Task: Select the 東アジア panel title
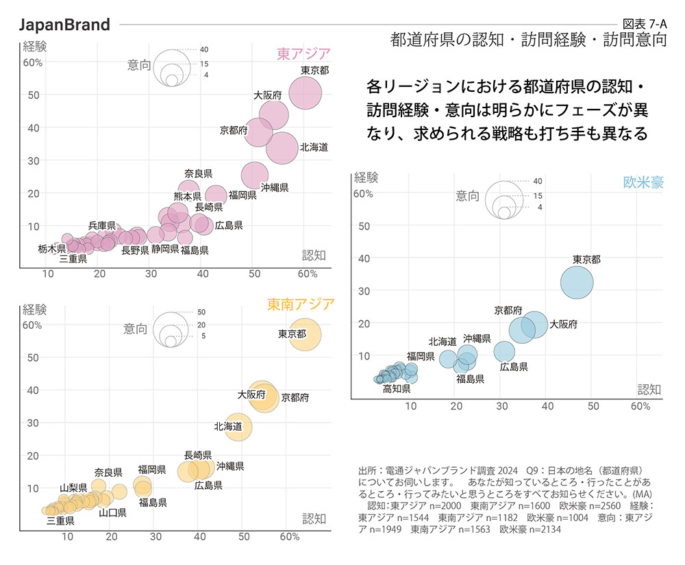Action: coord(303,53)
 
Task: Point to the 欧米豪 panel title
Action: coord(643,182)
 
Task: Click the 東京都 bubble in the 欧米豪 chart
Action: coord(577,282)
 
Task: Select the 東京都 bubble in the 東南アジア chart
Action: coord(306,335)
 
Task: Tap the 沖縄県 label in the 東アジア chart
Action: coord(274,187)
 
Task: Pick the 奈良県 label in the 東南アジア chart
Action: coord(108,472)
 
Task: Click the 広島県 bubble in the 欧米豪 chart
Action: coord(505,351)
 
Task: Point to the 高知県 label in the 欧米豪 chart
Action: coord(397,388)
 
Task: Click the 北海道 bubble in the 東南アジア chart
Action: coord(238,425)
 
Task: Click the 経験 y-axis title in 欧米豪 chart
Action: coord(366,178)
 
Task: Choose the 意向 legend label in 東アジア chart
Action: coord(139,65)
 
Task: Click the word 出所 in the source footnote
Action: coord(367,471)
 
